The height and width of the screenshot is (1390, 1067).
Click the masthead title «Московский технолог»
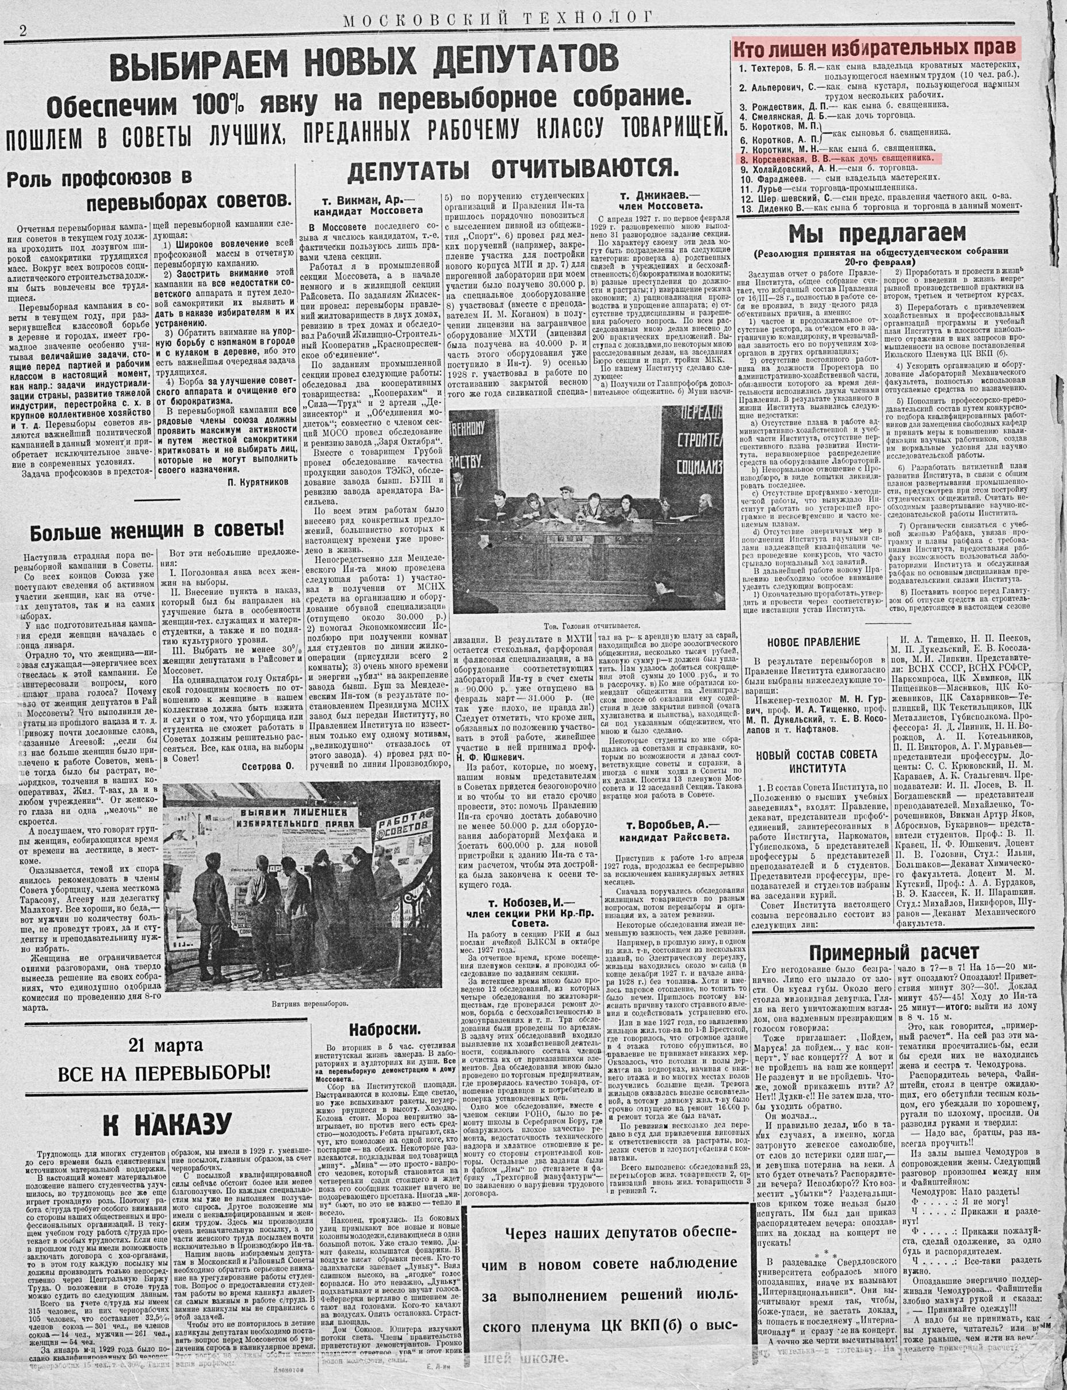(x=499, y=21)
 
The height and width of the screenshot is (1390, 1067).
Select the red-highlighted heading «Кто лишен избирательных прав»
(x=877, y=49)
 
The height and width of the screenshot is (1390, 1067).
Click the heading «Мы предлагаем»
(x=877, y=234)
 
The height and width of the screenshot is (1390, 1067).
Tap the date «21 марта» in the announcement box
(x=166, y=1044)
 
